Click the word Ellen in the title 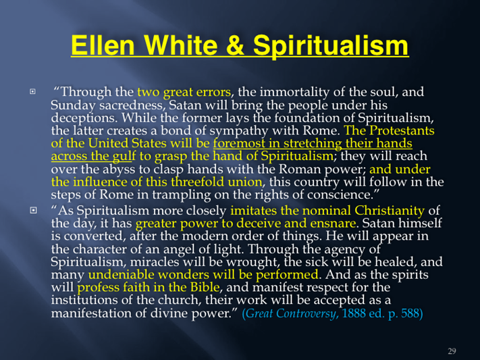click(x=103, y=45)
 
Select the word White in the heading click(x=180, y=45)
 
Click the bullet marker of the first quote click(x=32, y=91)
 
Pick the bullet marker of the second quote click(x=33, y=210)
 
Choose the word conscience click(x=343, y=195)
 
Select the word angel click(x=179, y=249)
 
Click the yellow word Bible click(x=205, y=287)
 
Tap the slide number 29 click(x=452, y=351)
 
